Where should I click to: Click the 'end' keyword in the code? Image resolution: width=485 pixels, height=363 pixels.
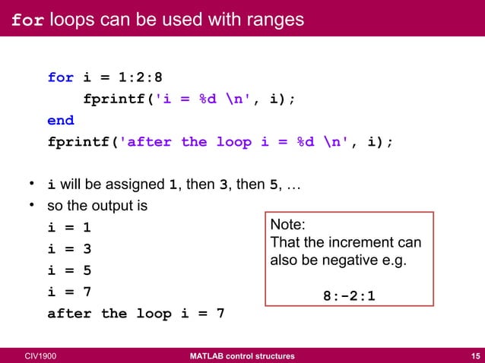[x=61, y=120]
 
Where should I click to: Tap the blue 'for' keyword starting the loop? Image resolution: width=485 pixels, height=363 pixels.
[x=61, y=77]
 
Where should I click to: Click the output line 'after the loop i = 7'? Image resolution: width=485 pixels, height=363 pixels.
[x=136, y=313]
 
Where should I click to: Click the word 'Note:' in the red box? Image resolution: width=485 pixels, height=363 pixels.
[x=288, y=226]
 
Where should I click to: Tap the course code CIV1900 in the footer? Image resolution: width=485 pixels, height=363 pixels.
[x=40, y=355]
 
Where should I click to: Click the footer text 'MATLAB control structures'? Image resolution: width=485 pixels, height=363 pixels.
[x=242, y=355]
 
